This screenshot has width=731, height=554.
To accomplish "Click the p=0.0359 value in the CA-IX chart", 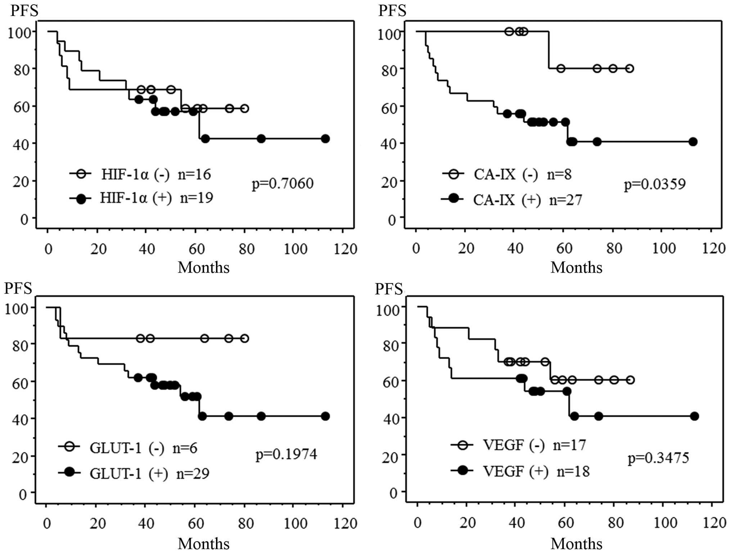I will (655, 184).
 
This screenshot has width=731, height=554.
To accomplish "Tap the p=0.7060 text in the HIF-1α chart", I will (283, 184).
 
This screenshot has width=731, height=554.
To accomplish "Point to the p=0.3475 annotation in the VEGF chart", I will (658, 458).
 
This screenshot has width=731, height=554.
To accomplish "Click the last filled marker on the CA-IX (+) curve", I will (692, 142).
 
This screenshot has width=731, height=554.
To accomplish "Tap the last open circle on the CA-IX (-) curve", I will (629, 68).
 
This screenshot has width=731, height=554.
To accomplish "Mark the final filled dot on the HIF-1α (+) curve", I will (325, 139).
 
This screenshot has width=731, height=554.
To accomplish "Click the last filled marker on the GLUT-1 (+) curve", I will (325, 416).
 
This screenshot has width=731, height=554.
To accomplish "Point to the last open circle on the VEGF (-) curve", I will (630, 380).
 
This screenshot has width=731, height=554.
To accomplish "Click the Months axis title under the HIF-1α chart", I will (203, 267).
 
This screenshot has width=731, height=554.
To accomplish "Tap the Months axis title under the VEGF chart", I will (576, 544).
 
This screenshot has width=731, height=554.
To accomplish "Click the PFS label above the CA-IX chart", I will (392, 11).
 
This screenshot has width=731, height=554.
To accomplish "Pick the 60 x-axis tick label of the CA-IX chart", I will (564, 248).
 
